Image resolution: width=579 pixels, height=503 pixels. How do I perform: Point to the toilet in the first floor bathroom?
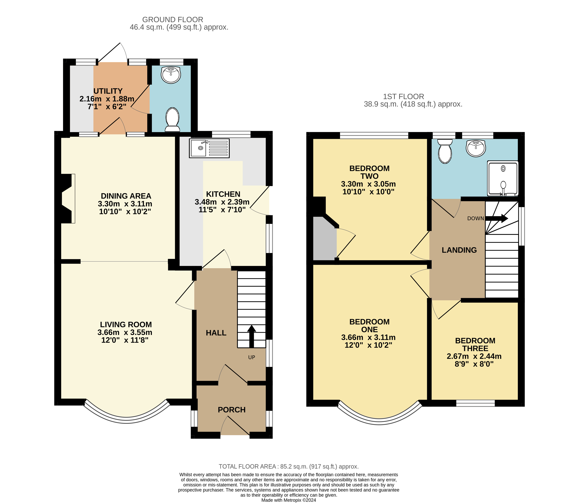[445, 151]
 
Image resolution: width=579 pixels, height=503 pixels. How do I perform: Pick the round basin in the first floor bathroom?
[476, 148]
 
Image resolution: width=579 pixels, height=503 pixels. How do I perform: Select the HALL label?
[216, 333]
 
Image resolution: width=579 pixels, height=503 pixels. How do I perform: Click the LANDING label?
[459, 250]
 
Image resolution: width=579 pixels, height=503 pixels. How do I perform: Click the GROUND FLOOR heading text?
[173, 20]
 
